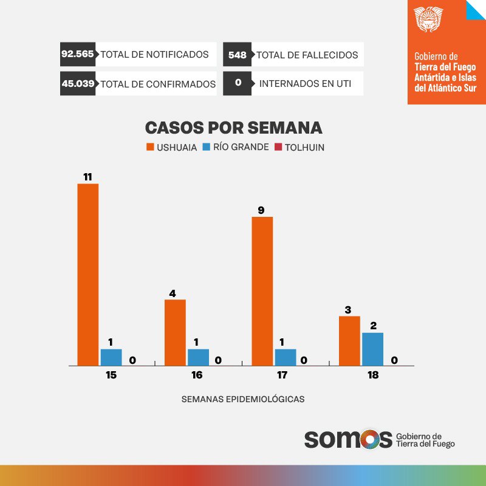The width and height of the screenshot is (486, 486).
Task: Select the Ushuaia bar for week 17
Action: click(262, 291)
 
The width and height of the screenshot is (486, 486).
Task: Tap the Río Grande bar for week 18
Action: click(372, 349)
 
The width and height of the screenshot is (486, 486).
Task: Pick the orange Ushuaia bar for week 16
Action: click(175, 332)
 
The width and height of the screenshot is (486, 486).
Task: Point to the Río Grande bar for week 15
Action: click(111, 357)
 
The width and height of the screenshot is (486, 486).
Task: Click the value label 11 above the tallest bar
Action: click(87, 177)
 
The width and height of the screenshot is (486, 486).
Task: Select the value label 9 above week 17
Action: click(261, 210)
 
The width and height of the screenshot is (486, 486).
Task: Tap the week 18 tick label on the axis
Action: click(372, 375)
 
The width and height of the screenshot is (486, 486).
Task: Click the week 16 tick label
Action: click(197, 375)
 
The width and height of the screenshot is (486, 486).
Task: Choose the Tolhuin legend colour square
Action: click(279, 147)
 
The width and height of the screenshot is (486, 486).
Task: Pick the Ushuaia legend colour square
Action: click(149, 147)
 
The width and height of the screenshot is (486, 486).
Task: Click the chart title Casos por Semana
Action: click(233, 128)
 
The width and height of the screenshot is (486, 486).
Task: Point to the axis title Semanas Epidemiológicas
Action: click(243, 400)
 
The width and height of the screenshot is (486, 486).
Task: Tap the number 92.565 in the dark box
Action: click(77, 54)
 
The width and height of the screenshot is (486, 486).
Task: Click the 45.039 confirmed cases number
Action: click(78, 84)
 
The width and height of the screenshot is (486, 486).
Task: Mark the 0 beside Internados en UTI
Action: click(238, 84)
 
